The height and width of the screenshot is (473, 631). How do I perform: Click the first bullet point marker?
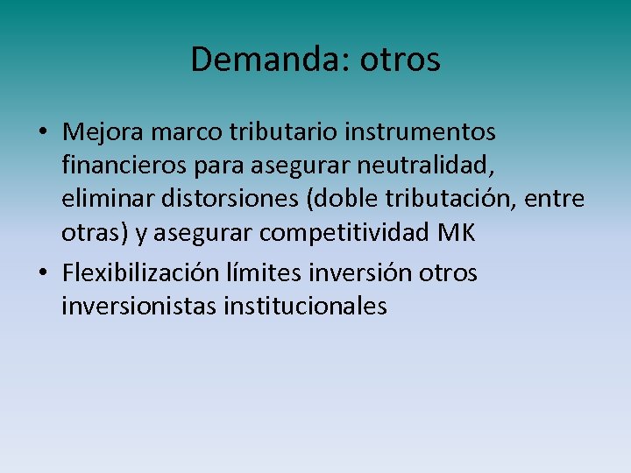(43, 133)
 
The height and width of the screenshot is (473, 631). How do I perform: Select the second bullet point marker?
(43, 273)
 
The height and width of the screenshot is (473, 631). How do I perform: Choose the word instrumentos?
(421, 132)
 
